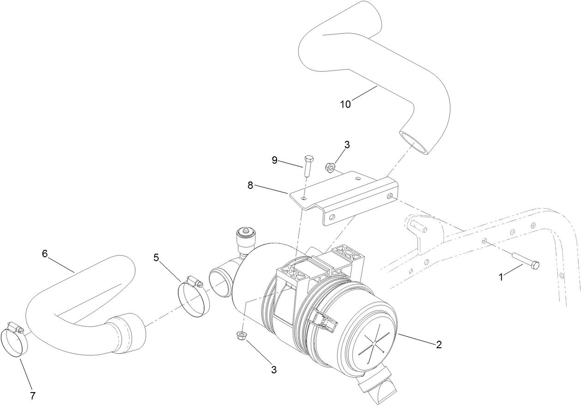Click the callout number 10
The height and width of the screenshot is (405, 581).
[x=345, y=104]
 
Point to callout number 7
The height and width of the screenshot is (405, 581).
[x=33, y=396]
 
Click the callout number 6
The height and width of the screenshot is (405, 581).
[x=44, y=254]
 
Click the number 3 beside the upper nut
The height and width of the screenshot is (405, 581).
[x=347, y=145]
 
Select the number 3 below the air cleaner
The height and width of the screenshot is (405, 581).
[x=274, y=369]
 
